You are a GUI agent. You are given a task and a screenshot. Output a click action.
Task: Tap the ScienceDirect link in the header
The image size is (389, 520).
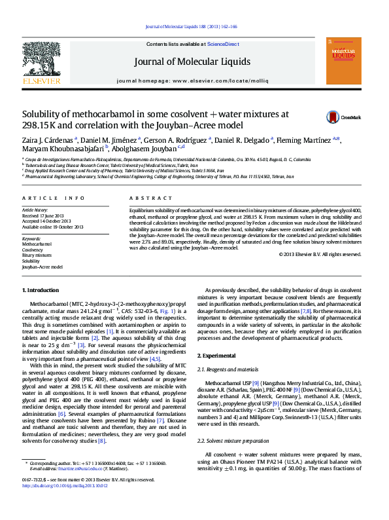222,44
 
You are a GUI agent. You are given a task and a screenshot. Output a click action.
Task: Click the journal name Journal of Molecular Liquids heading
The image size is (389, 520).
192,62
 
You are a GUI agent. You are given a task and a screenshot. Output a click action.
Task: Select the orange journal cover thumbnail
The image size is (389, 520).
343,61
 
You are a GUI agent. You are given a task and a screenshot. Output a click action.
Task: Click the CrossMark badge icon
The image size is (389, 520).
333,117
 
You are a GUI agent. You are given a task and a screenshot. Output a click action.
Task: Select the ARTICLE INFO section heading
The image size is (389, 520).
54,197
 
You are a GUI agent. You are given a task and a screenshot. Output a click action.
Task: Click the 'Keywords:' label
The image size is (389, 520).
31,239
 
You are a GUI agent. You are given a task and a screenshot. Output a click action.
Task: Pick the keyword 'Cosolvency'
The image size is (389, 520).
33,250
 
